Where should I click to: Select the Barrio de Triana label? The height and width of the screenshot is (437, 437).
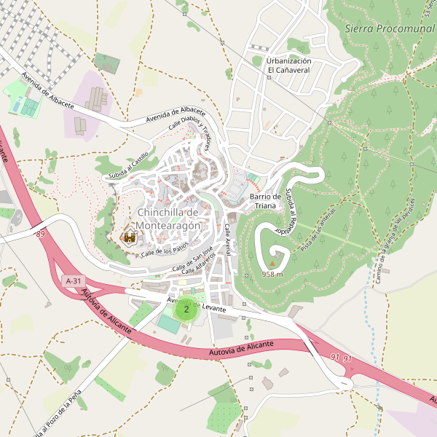(265, 201)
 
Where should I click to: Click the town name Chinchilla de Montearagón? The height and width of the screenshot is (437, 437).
(168, 219)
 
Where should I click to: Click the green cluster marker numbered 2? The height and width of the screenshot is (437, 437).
(186, 309)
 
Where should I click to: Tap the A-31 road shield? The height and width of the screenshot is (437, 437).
(74, 280)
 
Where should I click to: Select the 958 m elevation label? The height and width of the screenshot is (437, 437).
(272, 275)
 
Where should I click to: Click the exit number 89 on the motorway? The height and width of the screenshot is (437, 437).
(39, 234)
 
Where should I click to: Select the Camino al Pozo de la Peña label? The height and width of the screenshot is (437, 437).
(58, 408)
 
